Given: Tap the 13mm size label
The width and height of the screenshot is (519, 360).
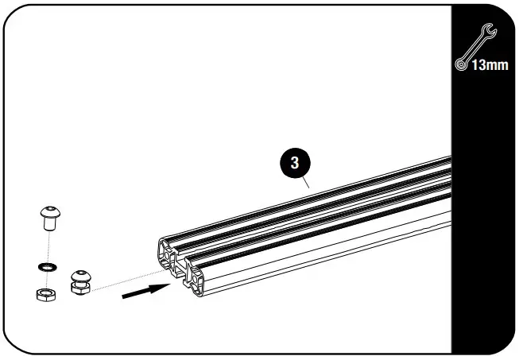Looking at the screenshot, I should coord(488,64).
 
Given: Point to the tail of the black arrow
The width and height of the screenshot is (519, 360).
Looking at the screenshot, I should coord(126,299).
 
